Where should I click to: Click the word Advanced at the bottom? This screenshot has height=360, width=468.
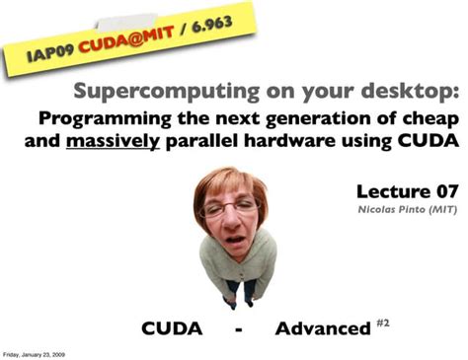(323, 327)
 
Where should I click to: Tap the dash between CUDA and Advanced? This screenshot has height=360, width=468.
(240, 328)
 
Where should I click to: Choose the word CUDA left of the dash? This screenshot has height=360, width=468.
(174, 327)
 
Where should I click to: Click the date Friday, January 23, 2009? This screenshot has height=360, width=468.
(34, 352)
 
